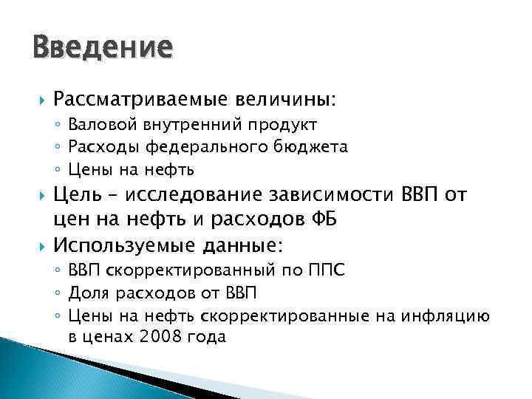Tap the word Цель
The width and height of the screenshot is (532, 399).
[x=78, y=195]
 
